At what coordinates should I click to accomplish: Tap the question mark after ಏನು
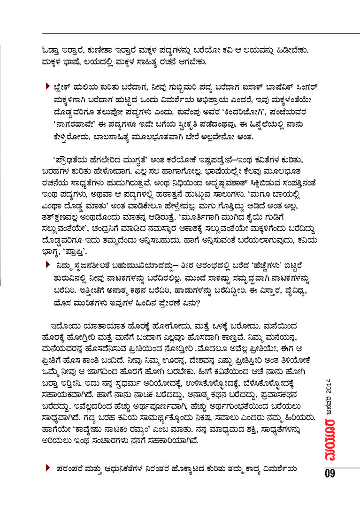(x=199, y=303)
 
